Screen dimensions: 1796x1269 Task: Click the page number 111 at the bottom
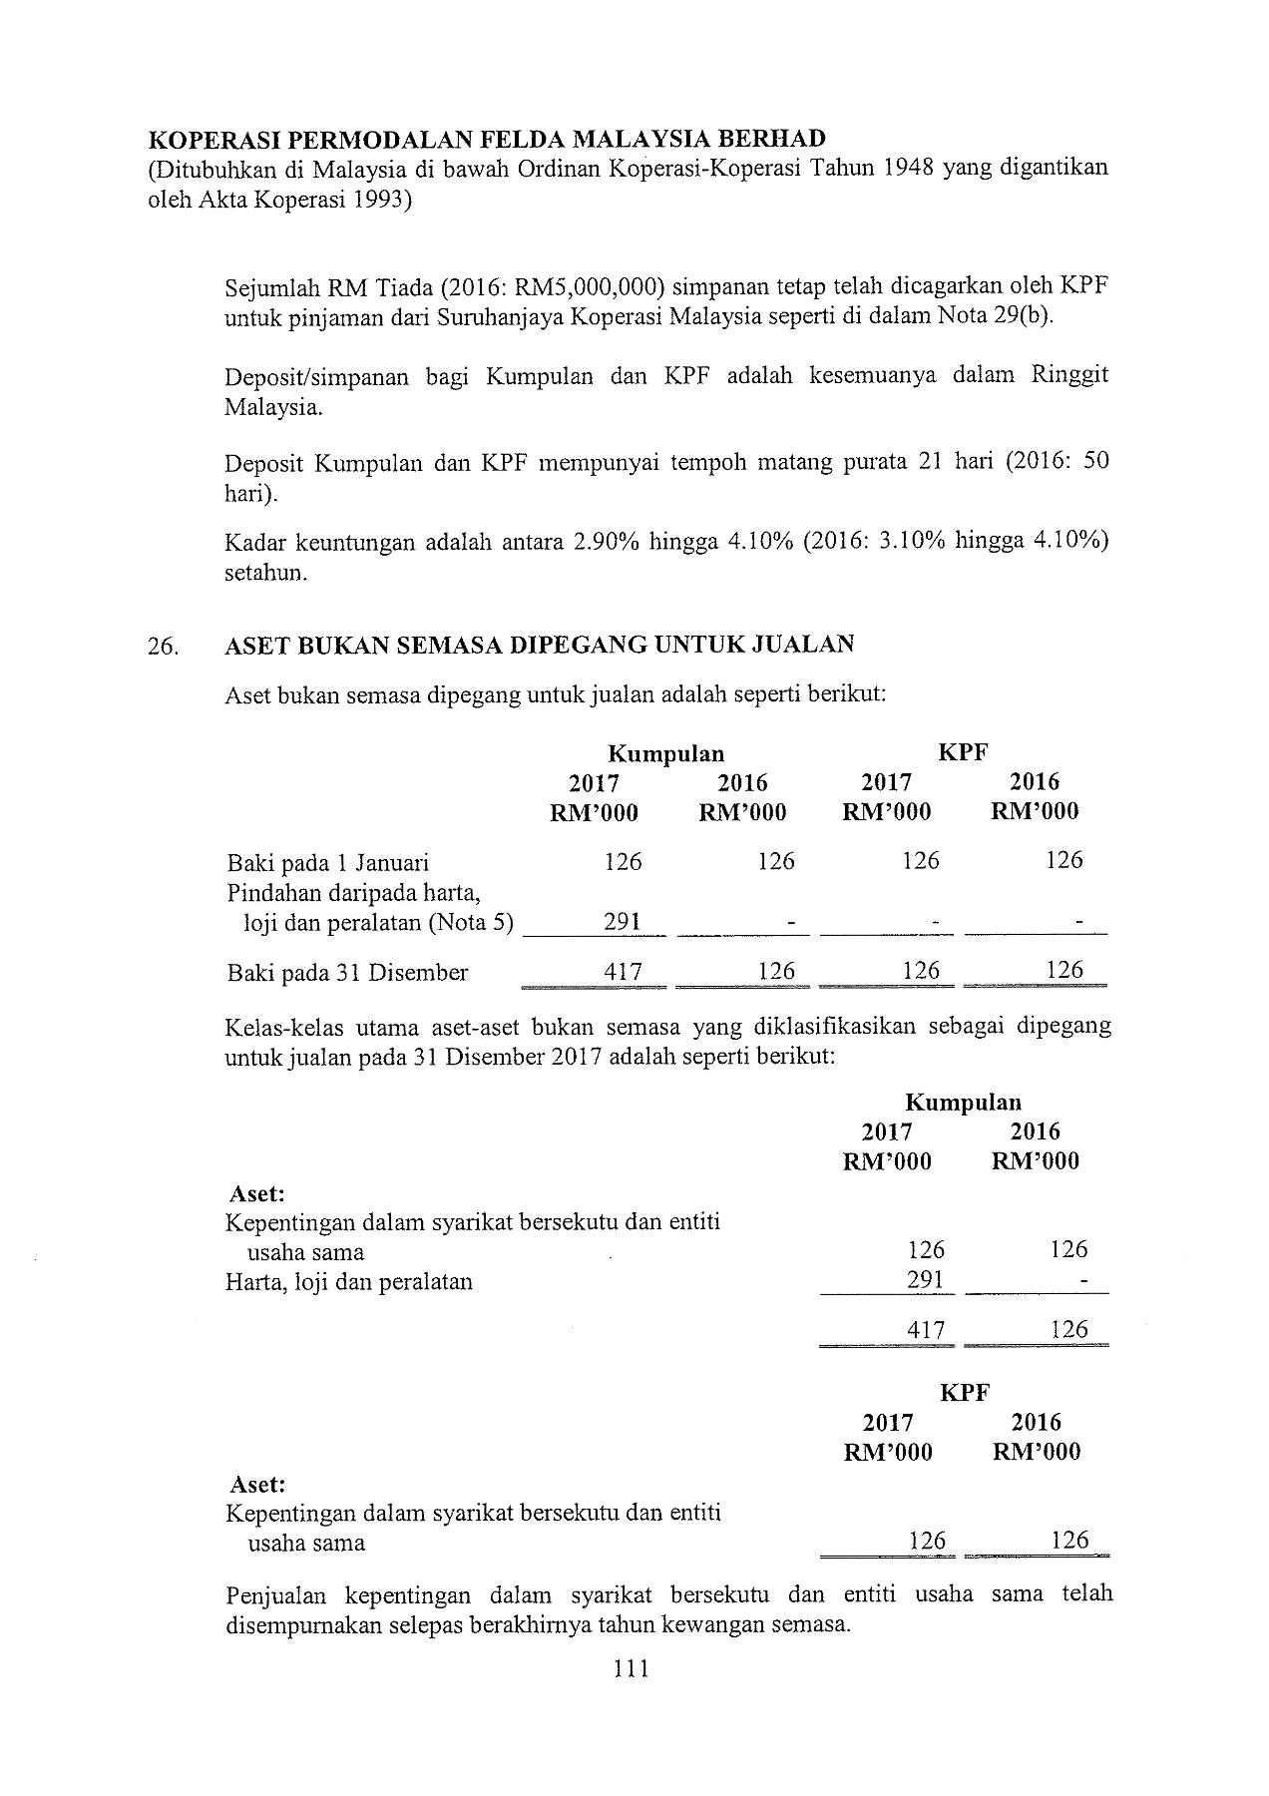click(x=632, y=1667)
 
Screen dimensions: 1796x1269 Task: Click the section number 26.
click(x=163, y=647)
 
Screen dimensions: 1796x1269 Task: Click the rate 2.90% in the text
click(x=608, y=542)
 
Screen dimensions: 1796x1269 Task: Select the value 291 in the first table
click(x=622, y=922)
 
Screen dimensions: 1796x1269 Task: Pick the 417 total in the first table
click(x=624, y=972)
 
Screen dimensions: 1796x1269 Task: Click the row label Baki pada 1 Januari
click(x=328, y=862)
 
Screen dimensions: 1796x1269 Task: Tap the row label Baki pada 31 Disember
click(x=347, y=973)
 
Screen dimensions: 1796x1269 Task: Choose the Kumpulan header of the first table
click(x=666, y=753)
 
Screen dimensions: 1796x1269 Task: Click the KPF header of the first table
click(x=963, y=753)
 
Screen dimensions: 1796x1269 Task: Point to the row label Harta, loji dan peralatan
click(x=349, y=1282)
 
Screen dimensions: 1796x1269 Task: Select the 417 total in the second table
click(x=926, y=1329)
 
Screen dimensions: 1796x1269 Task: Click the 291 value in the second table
click(x=926, y=1280)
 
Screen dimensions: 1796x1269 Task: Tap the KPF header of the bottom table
click(x=964, y=1393)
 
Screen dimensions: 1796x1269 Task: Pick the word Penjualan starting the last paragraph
click(x=277, y=1593)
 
